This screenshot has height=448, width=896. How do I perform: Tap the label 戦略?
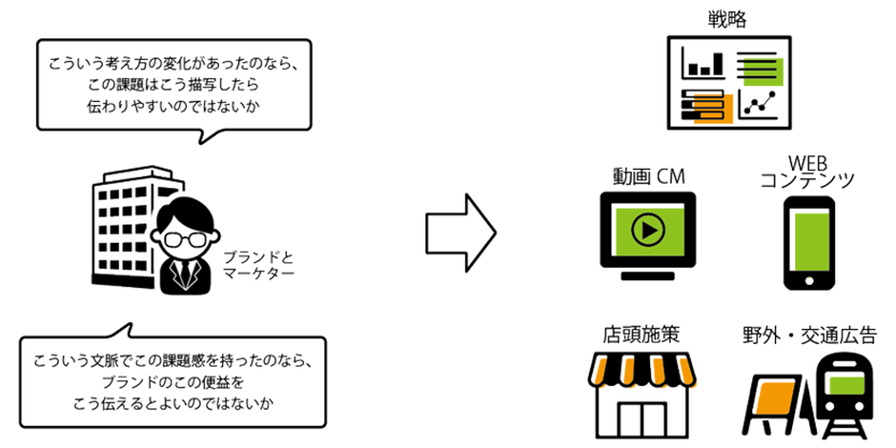point(728,17)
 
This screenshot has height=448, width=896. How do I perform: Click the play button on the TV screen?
point(647,230)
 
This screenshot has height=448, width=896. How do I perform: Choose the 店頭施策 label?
point(641,336)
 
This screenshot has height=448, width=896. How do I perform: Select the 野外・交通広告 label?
point(809,336)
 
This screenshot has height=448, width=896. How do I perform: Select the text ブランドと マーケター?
point(257,265)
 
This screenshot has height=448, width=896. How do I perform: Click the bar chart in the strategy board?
point(703,66)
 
